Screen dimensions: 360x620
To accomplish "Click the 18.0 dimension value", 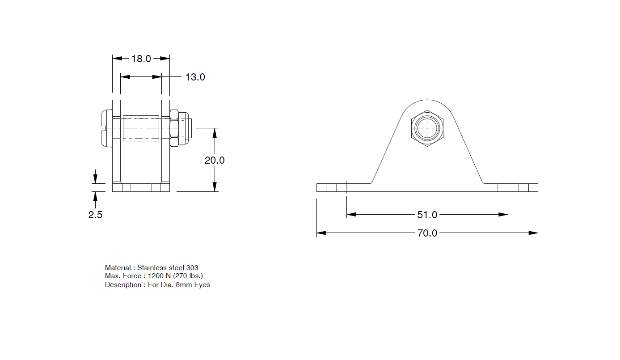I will click(141, 59).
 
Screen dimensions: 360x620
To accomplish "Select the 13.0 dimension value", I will click(195, 77).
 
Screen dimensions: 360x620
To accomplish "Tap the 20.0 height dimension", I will click(215, 160).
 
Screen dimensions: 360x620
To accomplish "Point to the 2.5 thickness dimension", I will click(95, 215).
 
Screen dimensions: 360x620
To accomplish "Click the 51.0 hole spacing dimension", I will click(427, 215).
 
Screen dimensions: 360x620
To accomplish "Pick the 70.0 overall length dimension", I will click(427, 233).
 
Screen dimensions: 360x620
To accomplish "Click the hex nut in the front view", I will click(427, 128).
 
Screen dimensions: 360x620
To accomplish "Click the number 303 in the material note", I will click(192, 267).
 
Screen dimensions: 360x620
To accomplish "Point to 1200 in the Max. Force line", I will click(156, 276).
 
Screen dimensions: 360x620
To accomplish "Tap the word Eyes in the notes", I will click(202, 284).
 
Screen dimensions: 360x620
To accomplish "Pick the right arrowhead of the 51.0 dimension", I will click(504, 215).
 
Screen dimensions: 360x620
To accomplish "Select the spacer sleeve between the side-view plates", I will click(141, 128).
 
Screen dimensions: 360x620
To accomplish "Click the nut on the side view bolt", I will click(175, 128).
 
